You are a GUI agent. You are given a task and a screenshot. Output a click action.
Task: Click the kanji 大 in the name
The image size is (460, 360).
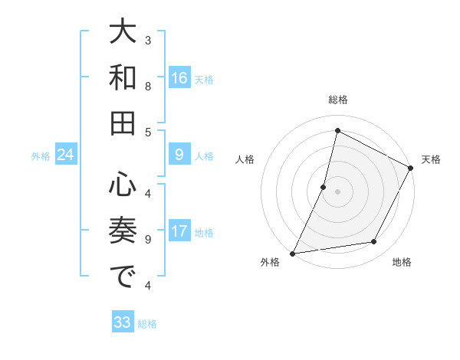click(123, 33)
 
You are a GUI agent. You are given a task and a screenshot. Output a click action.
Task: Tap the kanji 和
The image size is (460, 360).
click(123, 78)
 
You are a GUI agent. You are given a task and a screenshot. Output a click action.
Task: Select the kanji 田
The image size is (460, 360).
click(123, 123)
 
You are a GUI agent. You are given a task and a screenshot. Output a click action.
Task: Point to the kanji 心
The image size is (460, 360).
click(123, 185)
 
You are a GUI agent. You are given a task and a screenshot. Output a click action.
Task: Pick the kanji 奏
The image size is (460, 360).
click(123, 230)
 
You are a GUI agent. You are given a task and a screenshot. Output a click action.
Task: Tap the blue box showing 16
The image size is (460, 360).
click(179, 78)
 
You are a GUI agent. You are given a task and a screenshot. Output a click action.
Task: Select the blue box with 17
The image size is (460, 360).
click(179, 232)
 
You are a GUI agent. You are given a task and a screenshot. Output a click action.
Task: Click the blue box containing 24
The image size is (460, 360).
click(65, 155)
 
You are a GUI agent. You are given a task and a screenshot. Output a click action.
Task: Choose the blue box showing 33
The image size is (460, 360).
click(123, 322)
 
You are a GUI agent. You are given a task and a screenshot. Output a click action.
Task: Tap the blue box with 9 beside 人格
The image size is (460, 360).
click(179, 155)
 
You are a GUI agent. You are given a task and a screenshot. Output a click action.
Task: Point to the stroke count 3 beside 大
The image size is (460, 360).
click(148, 39)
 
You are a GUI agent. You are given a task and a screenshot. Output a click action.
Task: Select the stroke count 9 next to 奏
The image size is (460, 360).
click(148, 239)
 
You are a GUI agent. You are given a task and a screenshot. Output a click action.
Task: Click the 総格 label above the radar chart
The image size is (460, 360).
click(337, 100)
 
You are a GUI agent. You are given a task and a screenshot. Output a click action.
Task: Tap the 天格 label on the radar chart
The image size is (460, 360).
click(431, 159)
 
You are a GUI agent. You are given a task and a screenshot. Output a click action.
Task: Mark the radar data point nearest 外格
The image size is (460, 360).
click(292, 253)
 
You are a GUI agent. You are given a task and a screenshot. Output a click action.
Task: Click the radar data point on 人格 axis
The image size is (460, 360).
click(324, 187)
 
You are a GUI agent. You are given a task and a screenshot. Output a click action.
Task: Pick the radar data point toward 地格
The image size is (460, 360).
click(374, 242)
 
